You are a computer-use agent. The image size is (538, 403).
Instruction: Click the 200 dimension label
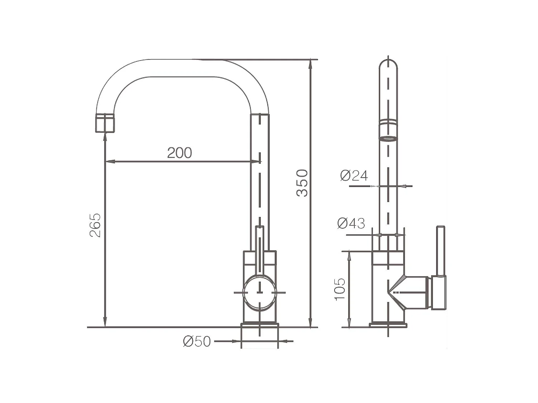click(x=179, y=153)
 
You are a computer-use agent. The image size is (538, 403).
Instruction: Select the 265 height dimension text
click(x=95, y=225)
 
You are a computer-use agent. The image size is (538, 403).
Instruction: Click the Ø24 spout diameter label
click(x=354, y=176)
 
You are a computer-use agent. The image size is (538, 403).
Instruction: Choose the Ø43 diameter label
click(x=351, y=223)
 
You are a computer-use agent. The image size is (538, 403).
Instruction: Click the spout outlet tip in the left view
click(x=105, y=123)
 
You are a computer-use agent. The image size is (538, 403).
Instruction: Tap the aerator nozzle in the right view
click(x=388, y=130)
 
